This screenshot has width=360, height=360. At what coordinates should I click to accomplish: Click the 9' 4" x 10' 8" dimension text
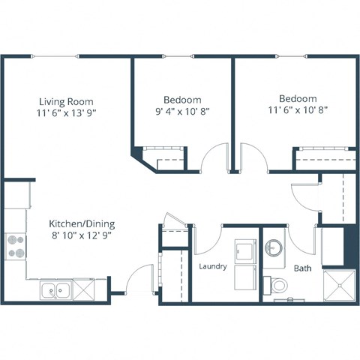tap(182, 111)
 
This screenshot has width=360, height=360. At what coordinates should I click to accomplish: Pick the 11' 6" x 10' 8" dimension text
tap(297, 110)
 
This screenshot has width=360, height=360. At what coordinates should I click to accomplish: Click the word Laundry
tap(213, 266)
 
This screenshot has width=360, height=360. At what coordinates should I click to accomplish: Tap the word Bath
tap(302, 268)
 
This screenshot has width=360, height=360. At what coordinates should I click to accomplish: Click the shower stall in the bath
tap(338, 284)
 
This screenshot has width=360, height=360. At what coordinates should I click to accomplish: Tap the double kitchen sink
tap(55, 289)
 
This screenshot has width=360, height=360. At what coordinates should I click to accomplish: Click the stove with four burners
tap(16, 246)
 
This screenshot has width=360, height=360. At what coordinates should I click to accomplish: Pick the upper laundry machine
tap(245, 250)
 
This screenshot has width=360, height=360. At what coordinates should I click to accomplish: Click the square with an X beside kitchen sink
tap(84, 289)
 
